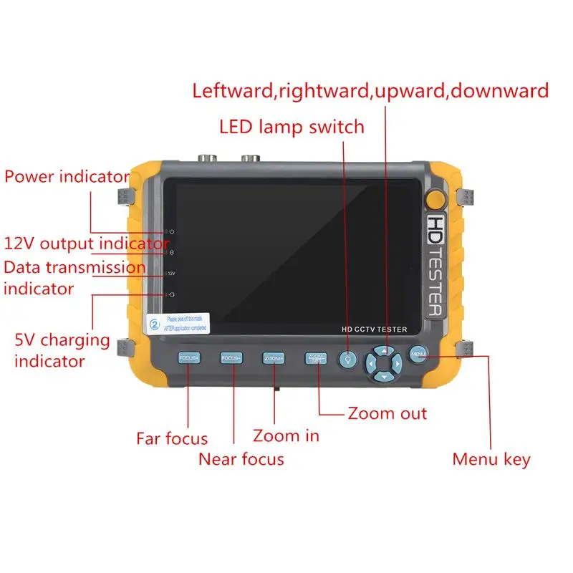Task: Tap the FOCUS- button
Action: coord(231,357)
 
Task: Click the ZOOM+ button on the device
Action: coord(274,357)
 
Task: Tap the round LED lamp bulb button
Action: coord(349,360)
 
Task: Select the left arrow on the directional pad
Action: coord(371,363)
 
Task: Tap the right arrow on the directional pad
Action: coord(398,363)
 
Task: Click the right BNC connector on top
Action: coord(251,158)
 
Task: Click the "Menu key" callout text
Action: coord(491,459)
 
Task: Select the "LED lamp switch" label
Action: coord(292,127)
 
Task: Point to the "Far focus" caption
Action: coord(172,438)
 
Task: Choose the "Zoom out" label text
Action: coord(387,413)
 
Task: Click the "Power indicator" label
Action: coord(67,176)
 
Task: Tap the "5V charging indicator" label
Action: coord(62,350)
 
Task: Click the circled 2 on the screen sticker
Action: coord(154,323)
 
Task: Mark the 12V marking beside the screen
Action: coord(172,274)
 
